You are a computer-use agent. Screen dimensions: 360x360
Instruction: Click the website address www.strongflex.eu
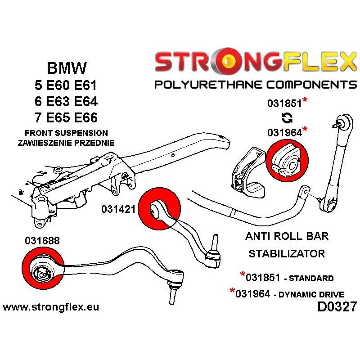pos(51,308)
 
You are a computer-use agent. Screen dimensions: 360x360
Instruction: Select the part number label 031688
pos(42,241)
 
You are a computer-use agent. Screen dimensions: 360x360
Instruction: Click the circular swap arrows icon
pos(287,118)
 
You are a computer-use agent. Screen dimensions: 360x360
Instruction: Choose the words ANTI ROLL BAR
pos(287,236)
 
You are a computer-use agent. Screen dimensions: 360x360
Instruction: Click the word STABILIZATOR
pos(287,254)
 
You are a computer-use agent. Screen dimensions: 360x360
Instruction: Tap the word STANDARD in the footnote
pos(311,278)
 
